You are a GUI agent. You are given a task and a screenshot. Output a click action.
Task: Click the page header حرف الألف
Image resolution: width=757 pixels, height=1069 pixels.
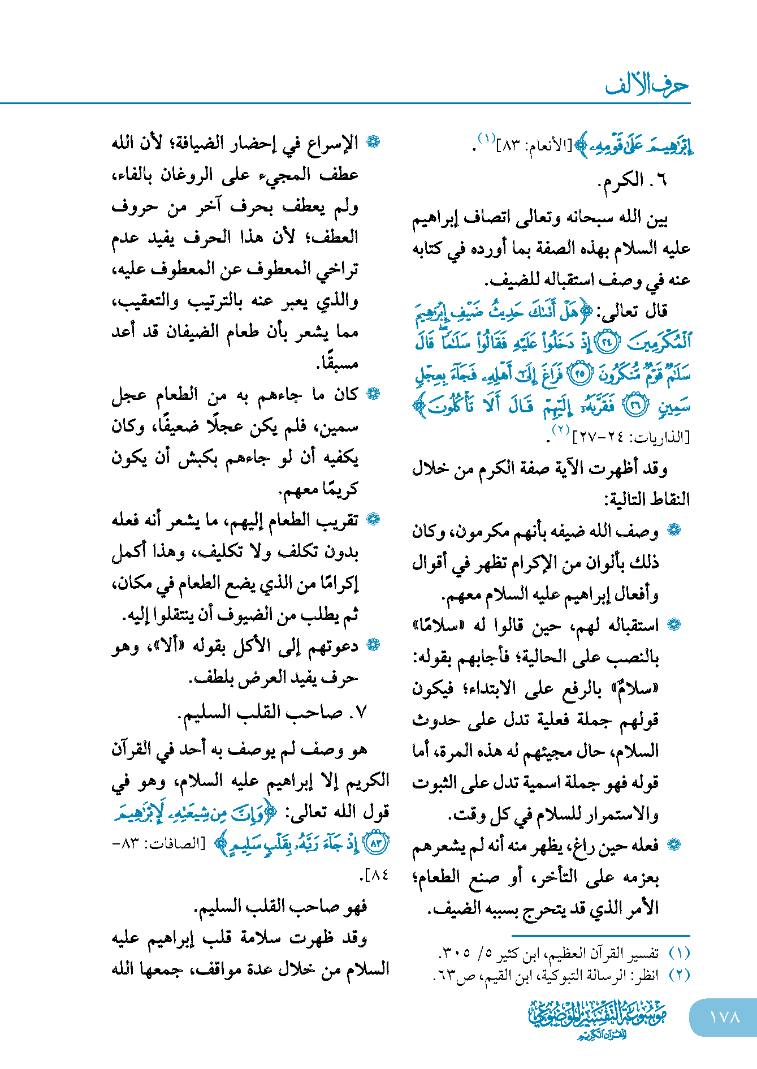(x=647, y=85)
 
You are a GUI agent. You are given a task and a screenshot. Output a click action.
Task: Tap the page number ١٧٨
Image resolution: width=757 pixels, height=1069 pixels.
(x=724, y=1017)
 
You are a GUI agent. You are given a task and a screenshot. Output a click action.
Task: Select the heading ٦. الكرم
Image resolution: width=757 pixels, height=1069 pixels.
(x=633, y=181)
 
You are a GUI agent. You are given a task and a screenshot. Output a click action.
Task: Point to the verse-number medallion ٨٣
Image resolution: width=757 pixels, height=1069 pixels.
(x=375, y=844)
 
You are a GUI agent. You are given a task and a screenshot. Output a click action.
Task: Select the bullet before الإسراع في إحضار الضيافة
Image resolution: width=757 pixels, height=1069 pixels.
(x=373, y=142)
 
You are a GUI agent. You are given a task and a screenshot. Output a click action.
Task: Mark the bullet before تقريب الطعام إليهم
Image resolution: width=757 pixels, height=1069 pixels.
(x=373, y=519)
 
